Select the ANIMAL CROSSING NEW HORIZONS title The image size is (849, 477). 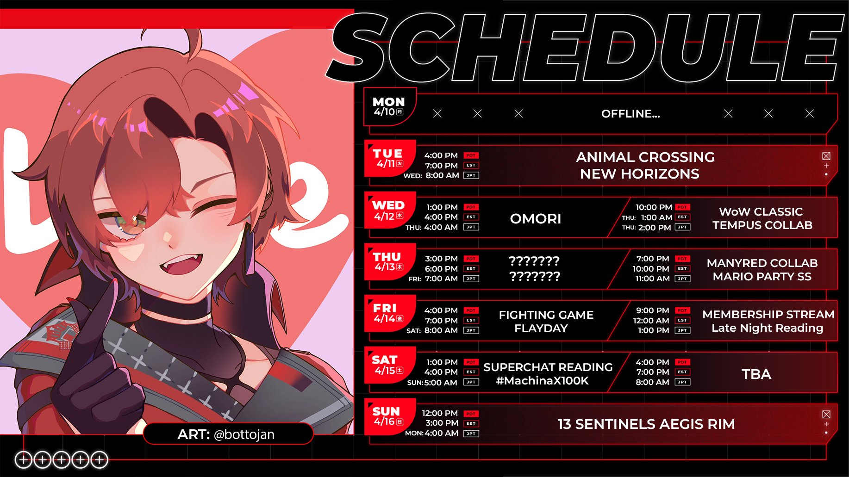pos(645,165)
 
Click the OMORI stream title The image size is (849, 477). pos(535,218)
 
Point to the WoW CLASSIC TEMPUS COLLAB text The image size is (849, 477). pos(762,218)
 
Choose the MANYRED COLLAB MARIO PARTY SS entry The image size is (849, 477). pos(762,270)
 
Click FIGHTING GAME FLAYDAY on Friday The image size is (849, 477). pos(546,322)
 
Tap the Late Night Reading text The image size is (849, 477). pos(767,328)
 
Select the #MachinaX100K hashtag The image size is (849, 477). pos(542,381)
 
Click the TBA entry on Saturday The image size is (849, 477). pos(756,374)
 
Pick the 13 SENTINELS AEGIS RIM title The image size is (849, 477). pos(646,424)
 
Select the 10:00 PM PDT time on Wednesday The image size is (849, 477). pos(662,207)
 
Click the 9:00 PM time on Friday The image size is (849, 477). pos(652,310)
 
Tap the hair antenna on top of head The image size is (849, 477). pos(194,44)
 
